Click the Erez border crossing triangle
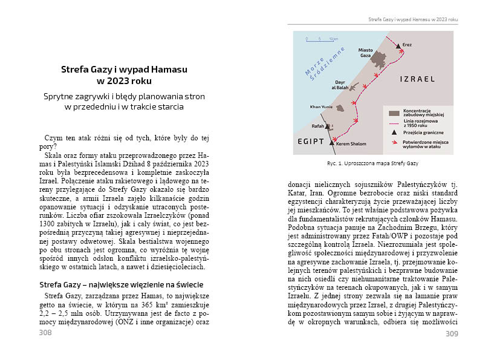(397, 46)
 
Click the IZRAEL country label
(417, 79)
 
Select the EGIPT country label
(311, 141)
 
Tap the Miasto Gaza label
(365, 53)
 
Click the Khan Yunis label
(321, 107)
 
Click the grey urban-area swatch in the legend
(394, 113)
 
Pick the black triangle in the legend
(394, 132)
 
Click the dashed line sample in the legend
(394, 122)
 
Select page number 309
(451, 333)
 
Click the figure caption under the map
(372, 164)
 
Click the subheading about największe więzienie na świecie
(121, 284)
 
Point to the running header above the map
(413, 19)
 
